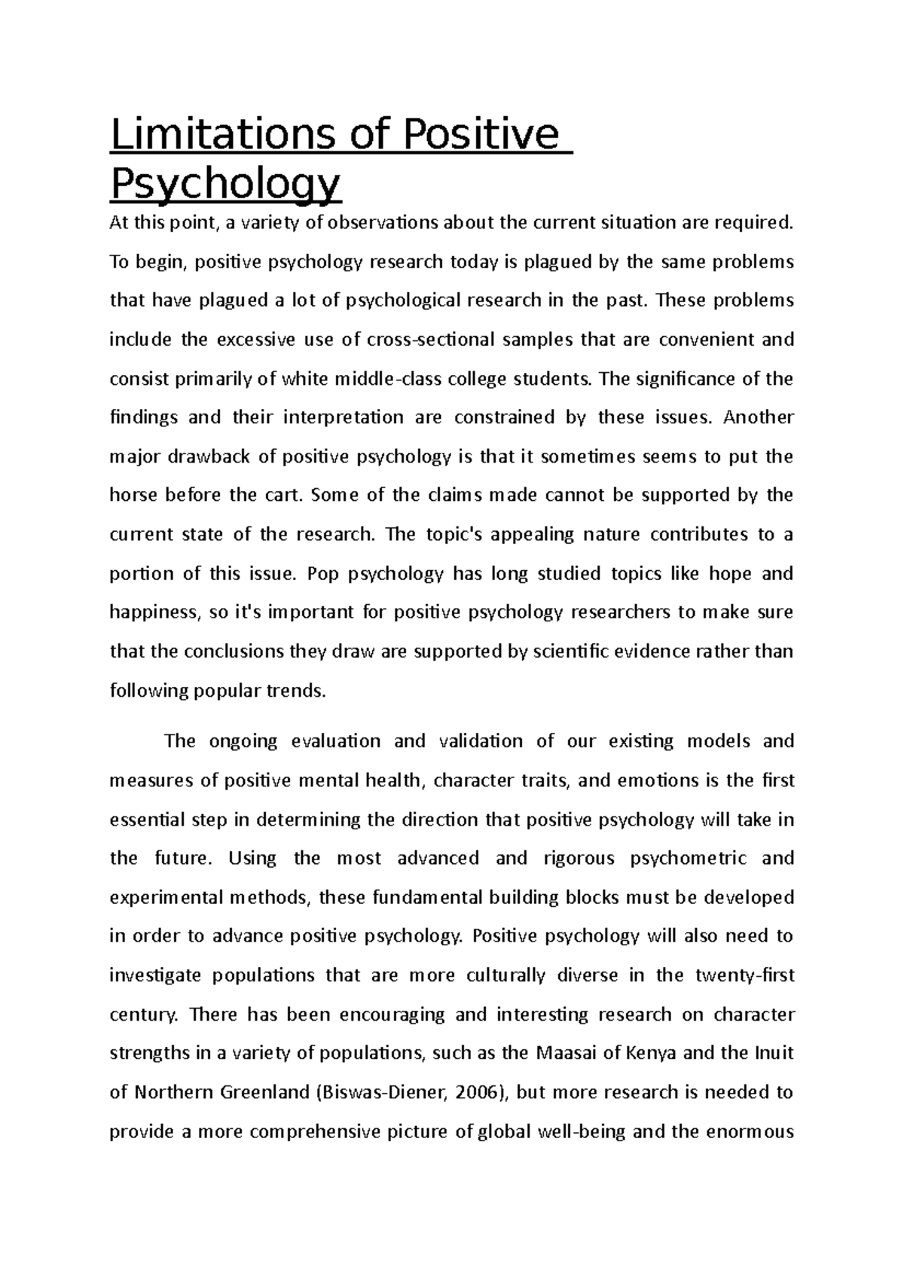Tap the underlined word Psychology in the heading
[x=225, y=182]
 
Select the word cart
[x=282, y=496]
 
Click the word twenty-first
[x=744, y=976]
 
